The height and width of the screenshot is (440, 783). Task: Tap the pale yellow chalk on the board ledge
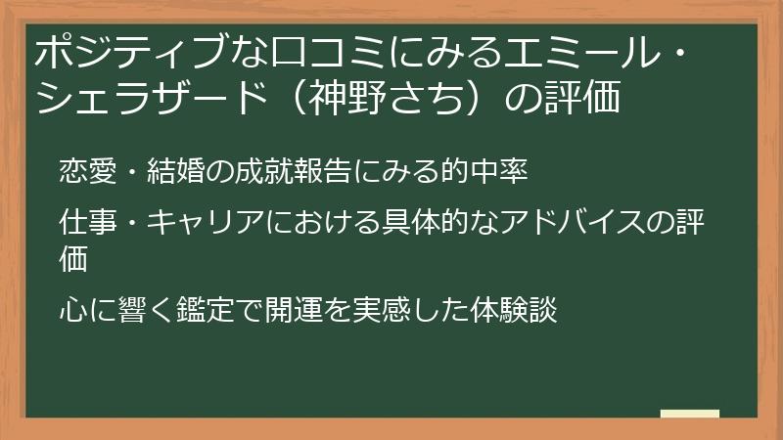689,414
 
